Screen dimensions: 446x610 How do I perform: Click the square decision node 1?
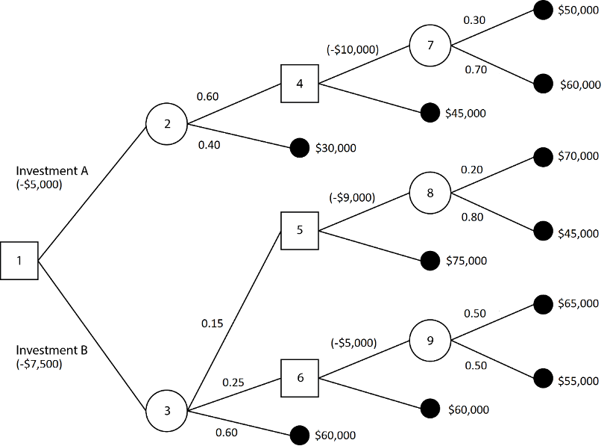coord(19,261)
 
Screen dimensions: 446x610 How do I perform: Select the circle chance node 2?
coord(166,124)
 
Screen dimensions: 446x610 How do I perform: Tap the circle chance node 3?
coord(166,410)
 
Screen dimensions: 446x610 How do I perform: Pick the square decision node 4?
coord(299,83)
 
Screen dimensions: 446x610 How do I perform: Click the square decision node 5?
coord(299,229)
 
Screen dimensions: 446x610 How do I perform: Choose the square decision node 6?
coord(299,377)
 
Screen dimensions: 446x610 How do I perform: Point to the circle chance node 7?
coord(429,46)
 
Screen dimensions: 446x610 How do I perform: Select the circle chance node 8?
coord(429,193)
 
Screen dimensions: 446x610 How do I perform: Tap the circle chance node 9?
coord(429,341)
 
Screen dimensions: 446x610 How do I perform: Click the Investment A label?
coord(52,171)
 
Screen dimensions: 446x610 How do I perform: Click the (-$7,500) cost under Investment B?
coord(40,364)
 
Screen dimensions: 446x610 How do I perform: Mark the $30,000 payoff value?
coord(336,148)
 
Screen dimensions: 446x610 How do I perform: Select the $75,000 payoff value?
coord(466,261)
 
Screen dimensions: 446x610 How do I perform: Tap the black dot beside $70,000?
coord(544,158)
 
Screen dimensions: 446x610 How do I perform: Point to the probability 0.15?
coord(212,324)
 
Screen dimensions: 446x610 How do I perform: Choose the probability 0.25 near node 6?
coord(233,382)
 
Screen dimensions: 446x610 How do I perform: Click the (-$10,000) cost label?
coord(353,50)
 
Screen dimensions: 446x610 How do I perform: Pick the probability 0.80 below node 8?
coord(473,217)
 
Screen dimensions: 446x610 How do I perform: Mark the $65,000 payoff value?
coord(578,304)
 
